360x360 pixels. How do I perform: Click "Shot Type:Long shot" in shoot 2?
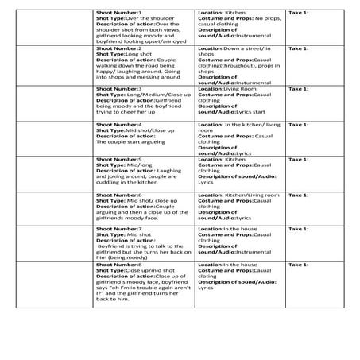pyautogui.click(x=118, y=54)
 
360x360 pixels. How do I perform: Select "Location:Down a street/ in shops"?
pyautogui.click(x=235, y=48)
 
